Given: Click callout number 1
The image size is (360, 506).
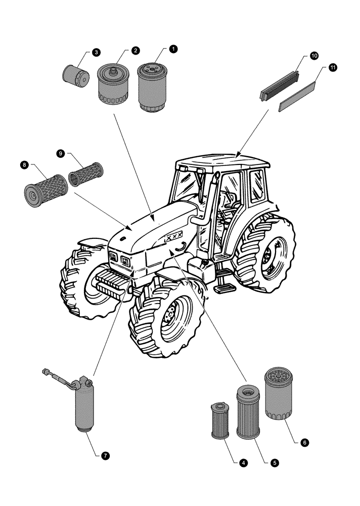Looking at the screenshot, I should [x=173, y=49].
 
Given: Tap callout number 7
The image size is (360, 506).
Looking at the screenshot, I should [x=105, y=455].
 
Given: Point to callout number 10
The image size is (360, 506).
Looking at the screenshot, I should [x=314, y=56].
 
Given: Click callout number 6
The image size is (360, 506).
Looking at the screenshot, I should [x=304, y=442].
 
